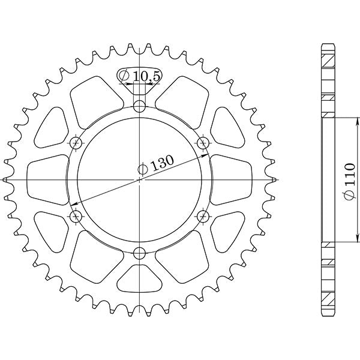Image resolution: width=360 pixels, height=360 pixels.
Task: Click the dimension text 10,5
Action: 142,76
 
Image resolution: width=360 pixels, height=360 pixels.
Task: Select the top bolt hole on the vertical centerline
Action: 140,107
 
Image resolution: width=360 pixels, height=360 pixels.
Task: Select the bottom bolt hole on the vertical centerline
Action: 140,252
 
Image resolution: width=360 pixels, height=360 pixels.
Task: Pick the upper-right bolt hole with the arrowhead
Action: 203,143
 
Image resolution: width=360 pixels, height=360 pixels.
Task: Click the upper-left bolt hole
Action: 76,143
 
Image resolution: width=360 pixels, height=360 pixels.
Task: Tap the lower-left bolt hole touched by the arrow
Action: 76,216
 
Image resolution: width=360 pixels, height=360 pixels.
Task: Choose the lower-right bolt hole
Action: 203,216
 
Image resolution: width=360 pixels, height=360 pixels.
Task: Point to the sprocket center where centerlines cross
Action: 140,179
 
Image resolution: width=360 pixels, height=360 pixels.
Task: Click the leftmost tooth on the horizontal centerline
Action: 6,179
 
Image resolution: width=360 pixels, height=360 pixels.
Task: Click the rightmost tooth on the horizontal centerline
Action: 274,179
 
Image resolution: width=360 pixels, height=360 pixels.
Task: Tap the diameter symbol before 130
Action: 143,170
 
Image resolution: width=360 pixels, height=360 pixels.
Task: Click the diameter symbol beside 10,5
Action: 123,76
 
